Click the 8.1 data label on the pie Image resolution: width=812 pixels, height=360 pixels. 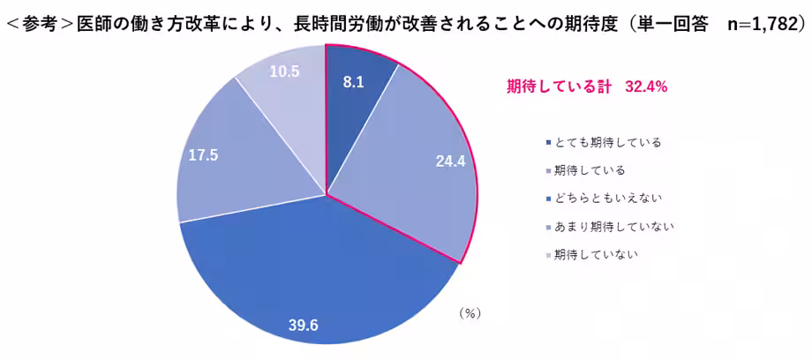354,81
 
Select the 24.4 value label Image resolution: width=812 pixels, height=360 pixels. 449,161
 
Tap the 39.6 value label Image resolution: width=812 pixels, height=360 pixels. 303,326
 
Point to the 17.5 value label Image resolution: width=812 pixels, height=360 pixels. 203,155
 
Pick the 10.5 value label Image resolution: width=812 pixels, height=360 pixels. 283,71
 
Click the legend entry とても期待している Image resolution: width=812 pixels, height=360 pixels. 608,141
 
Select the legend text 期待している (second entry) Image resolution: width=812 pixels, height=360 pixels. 596,169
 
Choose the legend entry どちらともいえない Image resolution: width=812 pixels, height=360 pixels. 608,198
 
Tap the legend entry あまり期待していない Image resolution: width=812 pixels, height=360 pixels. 614,227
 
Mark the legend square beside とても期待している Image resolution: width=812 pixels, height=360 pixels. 548,142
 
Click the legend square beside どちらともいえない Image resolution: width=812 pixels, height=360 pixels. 548,199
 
